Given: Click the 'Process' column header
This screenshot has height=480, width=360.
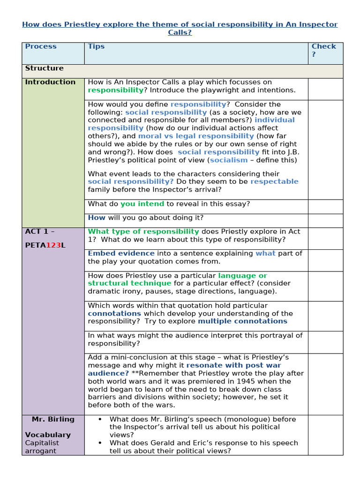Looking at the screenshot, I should pos(41,46).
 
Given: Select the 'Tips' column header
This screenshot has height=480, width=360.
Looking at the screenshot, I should pos(96,46).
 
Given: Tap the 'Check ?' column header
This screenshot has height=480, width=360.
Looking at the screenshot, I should pos(324,50).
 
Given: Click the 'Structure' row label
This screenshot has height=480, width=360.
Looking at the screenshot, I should pos(44,68).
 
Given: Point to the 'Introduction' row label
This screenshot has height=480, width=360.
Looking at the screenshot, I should pos(50,82).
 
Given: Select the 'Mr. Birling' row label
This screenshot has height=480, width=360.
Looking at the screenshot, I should pos(53,419).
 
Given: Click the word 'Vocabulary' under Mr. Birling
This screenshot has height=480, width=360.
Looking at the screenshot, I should pos(48,435).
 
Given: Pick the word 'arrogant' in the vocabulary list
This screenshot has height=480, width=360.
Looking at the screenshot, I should pos(41,451).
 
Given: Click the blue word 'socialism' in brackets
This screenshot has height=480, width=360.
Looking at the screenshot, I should pos(229,160).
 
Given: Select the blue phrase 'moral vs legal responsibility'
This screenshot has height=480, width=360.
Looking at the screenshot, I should pos(196,136).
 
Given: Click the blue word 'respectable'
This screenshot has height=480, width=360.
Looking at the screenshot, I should pos(274,181).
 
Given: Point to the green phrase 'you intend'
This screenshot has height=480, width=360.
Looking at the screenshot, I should pos(142,203).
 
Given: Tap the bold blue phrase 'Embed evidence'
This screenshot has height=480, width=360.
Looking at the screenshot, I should pos(121,254).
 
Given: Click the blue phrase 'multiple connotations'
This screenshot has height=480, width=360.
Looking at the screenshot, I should pos(242,321).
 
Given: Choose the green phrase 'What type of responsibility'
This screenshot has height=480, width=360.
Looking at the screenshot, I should pos(143,232).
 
